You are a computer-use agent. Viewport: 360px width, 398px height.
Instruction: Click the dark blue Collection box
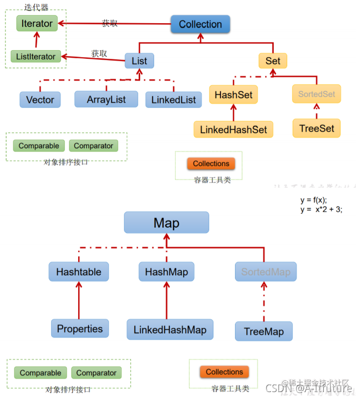200,24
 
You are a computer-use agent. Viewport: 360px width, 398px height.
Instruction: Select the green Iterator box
37,23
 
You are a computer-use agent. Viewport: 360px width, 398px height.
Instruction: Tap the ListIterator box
36,56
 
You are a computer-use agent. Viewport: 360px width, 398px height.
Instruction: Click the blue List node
139,60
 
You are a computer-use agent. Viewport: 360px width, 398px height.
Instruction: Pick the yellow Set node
273,60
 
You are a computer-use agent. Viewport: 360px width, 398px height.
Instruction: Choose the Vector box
40,100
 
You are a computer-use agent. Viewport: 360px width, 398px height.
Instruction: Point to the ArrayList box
106,99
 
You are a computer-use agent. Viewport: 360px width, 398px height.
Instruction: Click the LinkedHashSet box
233,129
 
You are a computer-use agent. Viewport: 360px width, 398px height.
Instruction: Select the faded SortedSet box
316,94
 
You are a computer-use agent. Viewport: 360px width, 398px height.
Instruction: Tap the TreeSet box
316,128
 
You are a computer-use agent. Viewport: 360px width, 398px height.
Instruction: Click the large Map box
166,223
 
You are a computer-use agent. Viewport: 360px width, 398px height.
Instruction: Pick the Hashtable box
79,272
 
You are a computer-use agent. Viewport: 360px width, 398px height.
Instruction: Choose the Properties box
80,328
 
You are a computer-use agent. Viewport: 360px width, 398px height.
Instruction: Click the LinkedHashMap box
170,329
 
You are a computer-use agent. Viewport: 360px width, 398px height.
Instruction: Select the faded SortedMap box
266,272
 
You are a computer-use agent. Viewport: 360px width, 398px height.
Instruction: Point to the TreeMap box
264,331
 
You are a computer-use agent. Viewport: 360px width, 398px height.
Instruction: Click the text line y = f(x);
314,200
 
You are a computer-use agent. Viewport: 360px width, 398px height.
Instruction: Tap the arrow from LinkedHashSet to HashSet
233,112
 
